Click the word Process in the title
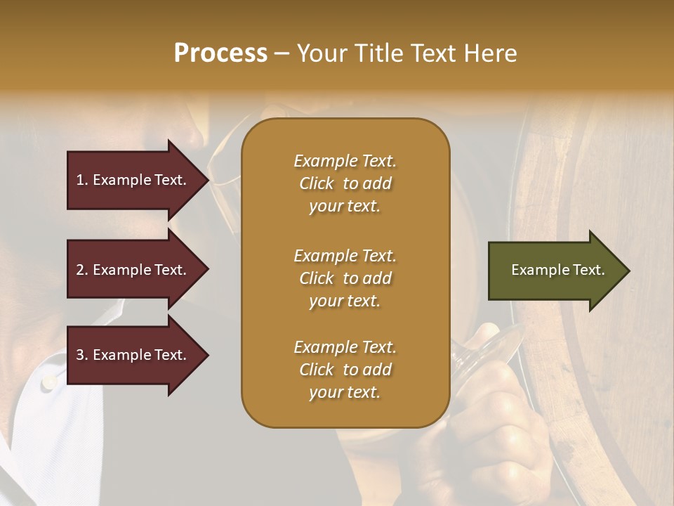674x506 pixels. tap(220, 53)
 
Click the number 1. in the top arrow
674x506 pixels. tap(82, 180)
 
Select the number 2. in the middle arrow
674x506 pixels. tap(82, 270)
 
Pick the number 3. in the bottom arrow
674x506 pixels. tap(82, 355)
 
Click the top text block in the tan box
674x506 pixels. tap(345, 183)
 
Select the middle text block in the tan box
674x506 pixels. tap(345, 278)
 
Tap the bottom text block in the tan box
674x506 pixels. tap(345, 370)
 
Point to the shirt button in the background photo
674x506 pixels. tap(48, 383)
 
